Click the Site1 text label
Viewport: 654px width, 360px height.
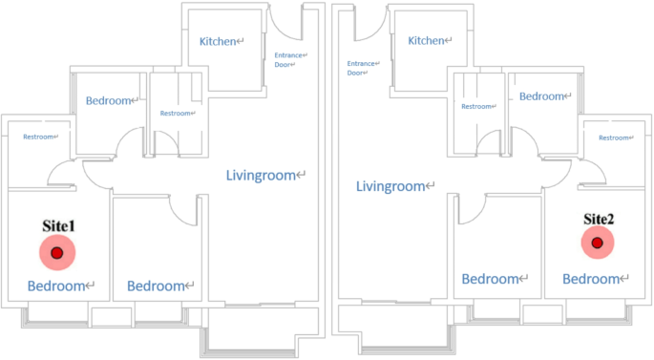click(x=57, y=227)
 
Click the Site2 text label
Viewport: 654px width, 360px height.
click(x=598, y=219)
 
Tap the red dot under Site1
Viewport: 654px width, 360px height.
click(x=56, y=253)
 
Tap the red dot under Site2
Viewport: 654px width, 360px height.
click(x=597, y=244)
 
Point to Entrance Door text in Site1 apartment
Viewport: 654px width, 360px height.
click(x=290, y=61)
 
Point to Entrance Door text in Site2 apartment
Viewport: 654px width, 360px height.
click(x=362, y=68)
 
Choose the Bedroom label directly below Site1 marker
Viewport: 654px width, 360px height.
click(x=57, y=286)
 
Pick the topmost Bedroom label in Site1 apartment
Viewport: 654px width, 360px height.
click(x=109, y=100)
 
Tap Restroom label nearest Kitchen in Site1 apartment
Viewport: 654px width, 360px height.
click(x=177, y=114)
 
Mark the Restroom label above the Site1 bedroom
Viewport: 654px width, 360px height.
click(x=38, y=138)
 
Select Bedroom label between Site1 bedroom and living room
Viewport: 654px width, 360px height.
click(x=157, y=286)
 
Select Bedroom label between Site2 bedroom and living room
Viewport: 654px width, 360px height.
click(x=492, y=279)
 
